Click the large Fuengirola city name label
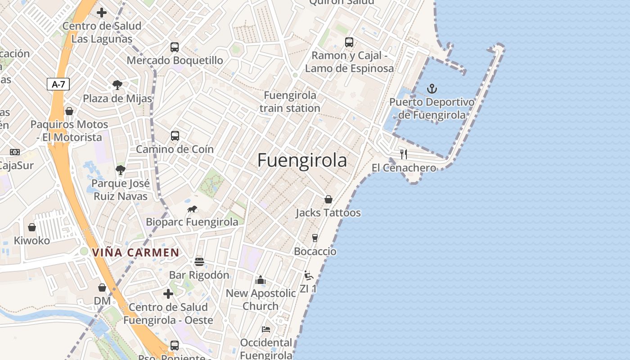click(302, 161)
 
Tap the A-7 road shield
click(58, 84)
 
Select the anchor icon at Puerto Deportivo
click(432, 89)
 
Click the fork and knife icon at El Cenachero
click(404, 154)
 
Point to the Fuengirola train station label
click(290, 102)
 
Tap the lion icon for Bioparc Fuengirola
click(193, 209)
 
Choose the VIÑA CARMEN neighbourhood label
click(136, 252)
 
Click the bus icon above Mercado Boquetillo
click(175, 47)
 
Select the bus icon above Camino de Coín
click(175, 135)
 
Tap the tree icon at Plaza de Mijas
click(117, 85)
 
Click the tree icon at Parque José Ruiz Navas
click(120, 170)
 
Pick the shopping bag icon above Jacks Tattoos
click(328, 199)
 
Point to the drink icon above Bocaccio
click(315, 238)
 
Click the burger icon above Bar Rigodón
click(199, 262)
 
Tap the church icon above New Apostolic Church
click(261, 280)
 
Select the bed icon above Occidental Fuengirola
click(266, 329)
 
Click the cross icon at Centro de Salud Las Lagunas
click(102, 13)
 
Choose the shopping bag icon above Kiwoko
click(32, 227)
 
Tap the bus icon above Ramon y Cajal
click(349, 42)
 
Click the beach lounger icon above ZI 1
click(308, 275)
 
